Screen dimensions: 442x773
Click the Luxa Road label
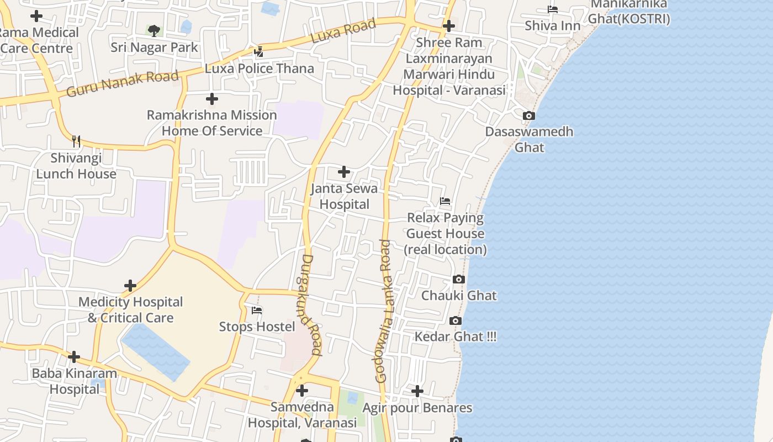[x=343, y=31]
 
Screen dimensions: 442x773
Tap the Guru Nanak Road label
[x=123, y=83]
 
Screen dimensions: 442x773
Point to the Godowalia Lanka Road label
[x=383, y=311]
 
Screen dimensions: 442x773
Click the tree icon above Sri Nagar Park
[x=154, y=30]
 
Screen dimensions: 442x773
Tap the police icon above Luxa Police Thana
[x=258, y=52]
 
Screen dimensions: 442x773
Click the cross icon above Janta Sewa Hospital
[x=344, y=172]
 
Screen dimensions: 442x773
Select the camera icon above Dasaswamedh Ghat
[x=529, y=115]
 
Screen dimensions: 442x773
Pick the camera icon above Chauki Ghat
[x=459, y=280]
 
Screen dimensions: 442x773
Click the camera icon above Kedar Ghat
[x=456, y=320]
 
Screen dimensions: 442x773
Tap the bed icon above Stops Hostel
[x=257, y=311]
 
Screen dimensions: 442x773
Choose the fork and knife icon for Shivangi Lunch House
[x=76, y=141]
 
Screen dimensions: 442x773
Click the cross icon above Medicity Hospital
[x=130, y=286]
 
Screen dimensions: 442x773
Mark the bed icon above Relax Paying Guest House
[x=445, y=201]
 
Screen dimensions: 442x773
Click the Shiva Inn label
[x=552, y=25]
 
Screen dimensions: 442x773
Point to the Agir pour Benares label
[x=417, y=408]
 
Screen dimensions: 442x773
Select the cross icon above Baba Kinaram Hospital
[x=74, y=357]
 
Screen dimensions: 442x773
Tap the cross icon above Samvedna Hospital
[x=302, y=391]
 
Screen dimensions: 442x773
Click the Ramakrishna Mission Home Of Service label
[x=211, y=123]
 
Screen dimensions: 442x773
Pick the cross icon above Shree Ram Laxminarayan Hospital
[x=449, y=26]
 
